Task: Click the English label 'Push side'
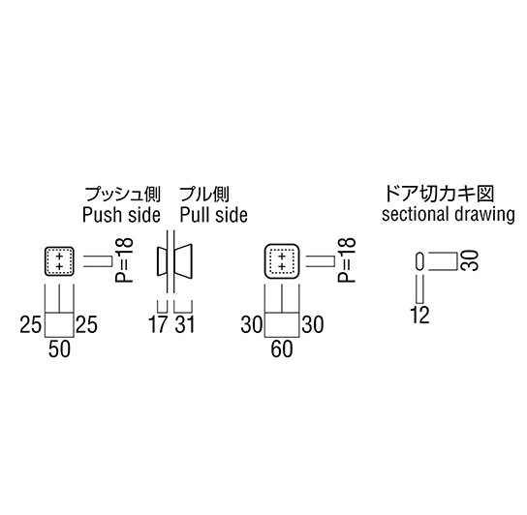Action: (x=121, y=215)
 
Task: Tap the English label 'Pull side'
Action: (x=214, y=215)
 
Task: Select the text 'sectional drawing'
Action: (x=448, y=215)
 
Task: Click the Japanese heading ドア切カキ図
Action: (x=439, y=194)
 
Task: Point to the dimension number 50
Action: (x=59, y=349)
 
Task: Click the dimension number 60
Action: (x=282, y=349)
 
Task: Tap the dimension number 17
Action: (x=158, y=324)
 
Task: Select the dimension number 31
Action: (x=184, y=324)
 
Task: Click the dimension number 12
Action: (x=419, y=316)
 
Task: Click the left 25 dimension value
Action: (x=30, y=324)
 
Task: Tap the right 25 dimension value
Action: (x=86, y=324)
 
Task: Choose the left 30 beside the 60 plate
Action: (x=252, y=324)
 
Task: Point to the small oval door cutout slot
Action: (x=419, y=260)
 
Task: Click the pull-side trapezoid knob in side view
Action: (x=183, y=261)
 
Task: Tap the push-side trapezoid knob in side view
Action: (x=162, y=261)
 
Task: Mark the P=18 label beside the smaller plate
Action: (x=124, y=259)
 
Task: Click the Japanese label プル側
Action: (x=204, y=195)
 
